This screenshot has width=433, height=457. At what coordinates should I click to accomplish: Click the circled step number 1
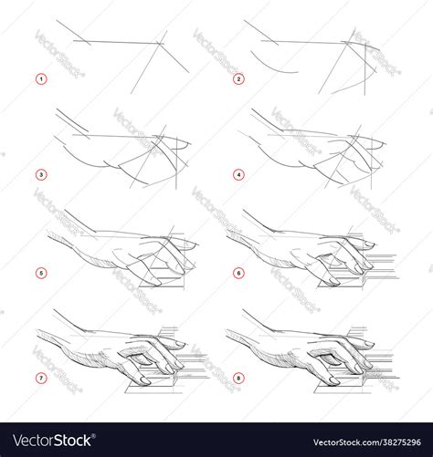[x=40, y=79]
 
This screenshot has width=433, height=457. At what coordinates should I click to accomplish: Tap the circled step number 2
[x=239, y=79]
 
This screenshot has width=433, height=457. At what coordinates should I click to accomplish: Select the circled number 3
[x=40, y=174]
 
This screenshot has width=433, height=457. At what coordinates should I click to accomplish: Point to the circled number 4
[x=239, y=174]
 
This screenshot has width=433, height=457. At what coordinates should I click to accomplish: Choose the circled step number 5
[x=40, y=272]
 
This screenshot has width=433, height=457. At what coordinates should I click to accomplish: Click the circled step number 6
[x=239, y=272]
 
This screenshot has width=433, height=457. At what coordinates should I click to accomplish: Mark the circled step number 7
[x=40, y=378]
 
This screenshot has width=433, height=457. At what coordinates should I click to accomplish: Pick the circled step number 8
[x=239, y=378]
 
